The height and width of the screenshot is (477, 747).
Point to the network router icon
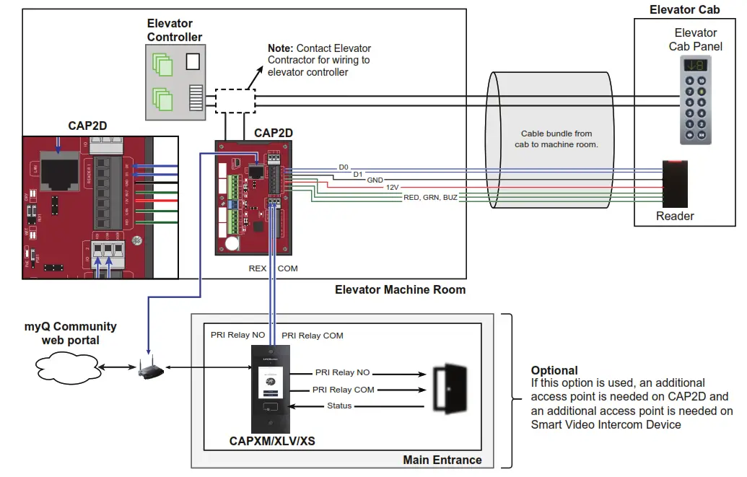coord(150,371)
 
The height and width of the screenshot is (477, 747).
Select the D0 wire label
coord(344,167)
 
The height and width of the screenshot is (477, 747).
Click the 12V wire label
coord(392,187)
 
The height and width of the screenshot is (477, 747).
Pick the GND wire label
coord(375,180)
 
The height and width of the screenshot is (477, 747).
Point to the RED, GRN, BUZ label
coord(430,197)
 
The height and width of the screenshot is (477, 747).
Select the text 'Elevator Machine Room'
coord(400,290)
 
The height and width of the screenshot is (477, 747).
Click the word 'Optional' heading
coord(554,370)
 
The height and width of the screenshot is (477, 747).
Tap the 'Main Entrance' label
coord(442,460)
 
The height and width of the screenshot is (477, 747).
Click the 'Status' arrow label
coord(339,406)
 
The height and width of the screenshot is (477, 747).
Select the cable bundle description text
coord(556,139)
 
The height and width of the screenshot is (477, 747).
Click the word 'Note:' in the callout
coord(281,48)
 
